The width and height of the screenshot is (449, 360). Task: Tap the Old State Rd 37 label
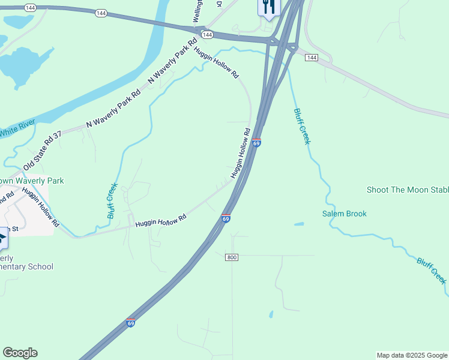43,151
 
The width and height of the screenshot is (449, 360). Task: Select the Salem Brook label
344,214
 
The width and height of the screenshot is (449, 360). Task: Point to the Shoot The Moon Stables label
408,190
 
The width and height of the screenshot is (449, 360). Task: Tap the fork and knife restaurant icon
268,7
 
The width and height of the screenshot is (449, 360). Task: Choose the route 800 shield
232,257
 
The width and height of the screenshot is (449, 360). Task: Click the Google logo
20,353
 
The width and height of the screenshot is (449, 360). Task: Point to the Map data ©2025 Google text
411,355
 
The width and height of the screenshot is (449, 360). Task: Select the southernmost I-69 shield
131,323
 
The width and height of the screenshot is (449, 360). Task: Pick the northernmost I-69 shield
256,143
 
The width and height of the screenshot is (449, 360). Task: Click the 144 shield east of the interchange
311,57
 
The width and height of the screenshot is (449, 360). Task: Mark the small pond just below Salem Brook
299,224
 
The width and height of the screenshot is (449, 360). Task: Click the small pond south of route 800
271,314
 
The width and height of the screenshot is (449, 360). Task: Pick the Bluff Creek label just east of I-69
302,126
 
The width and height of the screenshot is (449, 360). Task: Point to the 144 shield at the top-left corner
29,7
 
